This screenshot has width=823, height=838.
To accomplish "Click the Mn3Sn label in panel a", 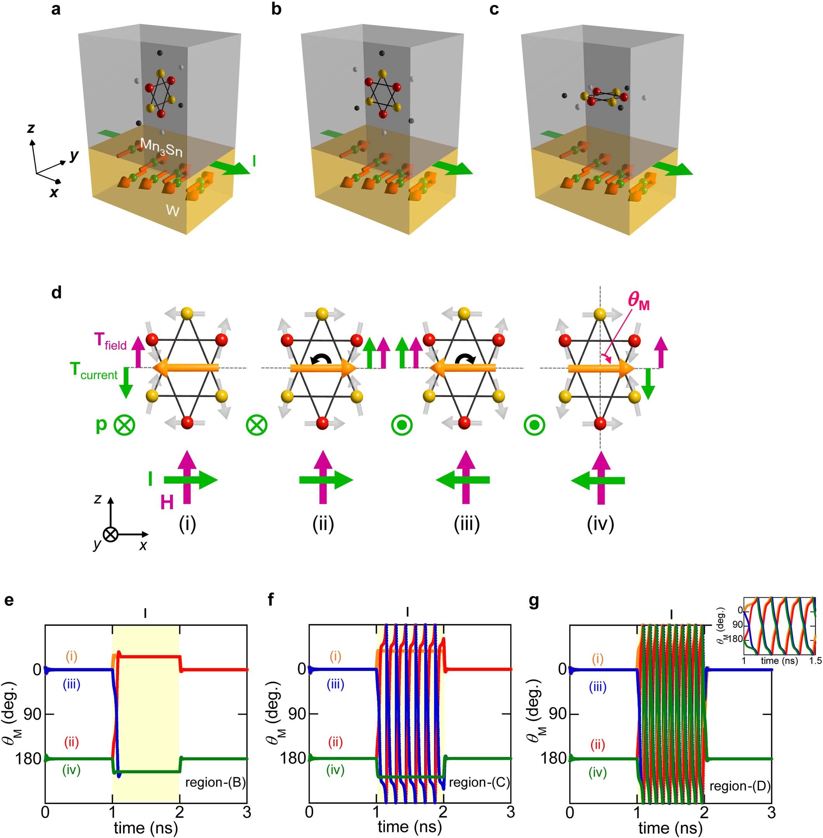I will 161,147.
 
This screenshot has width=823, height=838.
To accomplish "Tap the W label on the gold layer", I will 173,210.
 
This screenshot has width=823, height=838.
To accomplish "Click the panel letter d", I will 56,293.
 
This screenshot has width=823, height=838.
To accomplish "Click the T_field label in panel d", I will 110,342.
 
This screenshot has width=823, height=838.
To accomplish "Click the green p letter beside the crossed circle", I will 101,424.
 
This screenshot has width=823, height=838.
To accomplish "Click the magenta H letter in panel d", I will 167,503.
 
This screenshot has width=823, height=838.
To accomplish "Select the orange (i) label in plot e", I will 71,657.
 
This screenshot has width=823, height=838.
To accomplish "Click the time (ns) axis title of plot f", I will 409,827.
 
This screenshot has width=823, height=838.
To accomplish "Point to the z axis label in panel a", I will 31,128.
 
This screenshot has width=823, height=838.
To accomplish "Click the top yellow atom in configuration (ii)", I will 321,312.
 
